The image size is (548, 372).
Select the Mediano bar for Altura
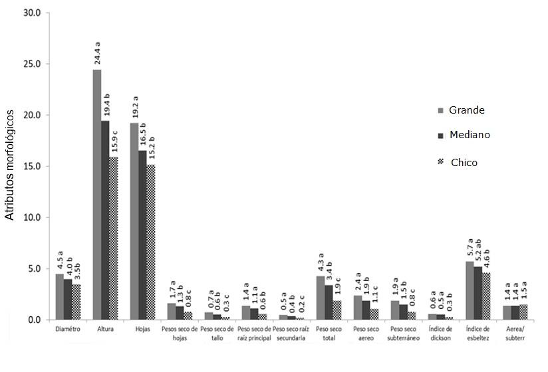(105, 220)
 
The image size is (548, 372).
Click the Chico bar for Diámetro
(76, 302)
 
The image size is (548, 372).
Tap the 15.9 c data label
(114, 141)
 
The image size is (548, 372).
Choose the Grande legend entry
(466, 110)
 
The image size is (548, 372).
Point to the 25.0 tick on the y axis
(31, 64)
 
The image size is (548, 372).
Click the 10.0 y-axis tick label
(31, 217)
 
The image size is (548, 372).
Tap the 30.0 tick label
(31, 13)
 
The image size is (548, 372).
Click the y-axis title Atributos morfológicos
(9, 166)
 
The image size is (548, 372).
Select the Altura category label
(105, 328)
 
